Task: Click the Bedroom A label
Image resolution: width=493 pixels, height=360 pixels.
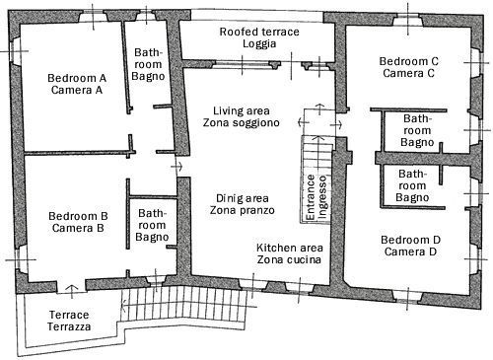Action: point(77,78)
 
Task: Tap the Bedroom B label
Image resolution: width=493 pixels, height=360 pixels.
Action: point(78,216)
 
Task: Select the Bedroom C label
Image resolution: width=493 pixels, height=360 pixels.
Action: point(409,61)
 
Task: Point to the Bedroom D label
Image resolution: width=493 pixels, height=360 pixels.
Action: point(410,240)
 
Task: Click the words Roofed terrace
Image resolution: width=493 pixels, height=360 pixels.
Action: point(259,32)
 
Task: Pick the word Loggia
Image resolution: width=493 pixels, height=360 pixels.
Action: point(259,43)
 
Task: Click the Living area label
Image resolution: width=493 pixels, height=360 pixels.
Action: point(242,110)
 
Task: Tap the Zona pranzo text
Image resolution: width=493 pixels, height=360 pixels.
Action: point(243,210)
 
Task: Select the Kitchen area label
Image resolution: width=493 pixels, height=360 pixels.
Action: point(290,248)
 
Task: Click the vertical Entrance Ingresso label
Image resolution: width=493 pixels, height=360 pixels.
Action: point(317,197)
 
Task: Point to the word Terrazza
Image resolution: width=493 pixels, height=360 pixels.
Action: point(69,326)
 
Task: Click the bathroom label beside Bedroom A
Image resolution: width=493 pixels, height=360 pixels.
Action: point(148,64)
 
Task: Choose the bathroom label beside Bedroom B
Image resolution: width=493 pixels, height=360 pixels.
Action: point(152,225)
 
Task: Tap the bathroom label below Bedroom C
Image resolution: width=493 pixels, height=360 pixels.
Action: point(417,130)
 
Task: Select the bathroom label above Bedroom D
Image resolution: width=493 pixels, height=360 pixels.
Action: point(412,185)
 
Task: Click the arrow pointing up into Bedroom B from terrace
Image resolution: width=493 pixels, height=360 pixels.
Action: point(71,288)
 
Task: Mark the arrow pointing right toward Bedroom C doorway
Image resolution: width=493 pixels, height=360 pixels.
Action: point(339,125)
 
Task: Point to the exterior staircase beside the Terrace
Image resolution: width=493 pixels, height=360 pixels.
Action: point(184,304)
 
